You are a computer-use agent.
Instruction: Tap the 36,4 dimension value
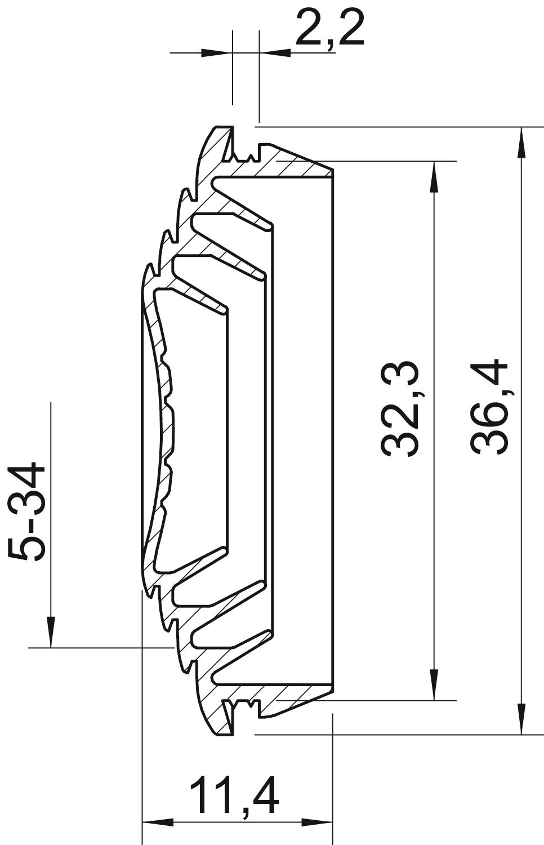click(490, 407)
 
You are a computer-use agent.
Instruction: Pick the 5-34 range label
click(27, 511)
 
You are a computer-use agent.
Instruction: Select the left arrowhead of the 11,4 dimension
click(158, 830)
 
